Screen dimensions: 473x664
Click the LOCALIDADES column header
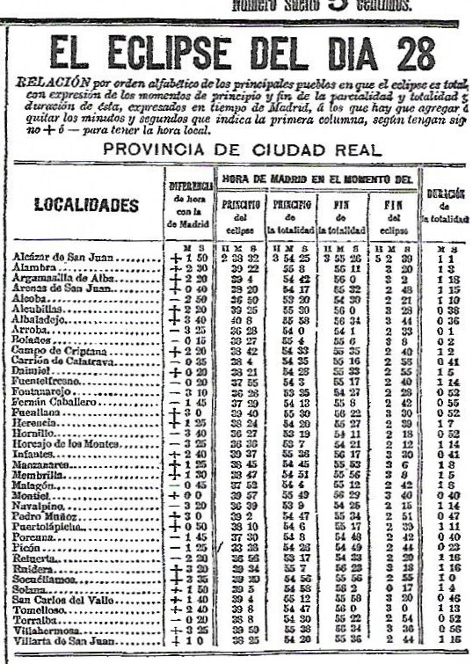point(85,205)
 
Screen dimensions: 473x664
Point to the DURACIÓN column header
point(446,193)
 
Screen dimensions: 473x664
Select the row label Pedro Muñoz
point(43,519)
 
